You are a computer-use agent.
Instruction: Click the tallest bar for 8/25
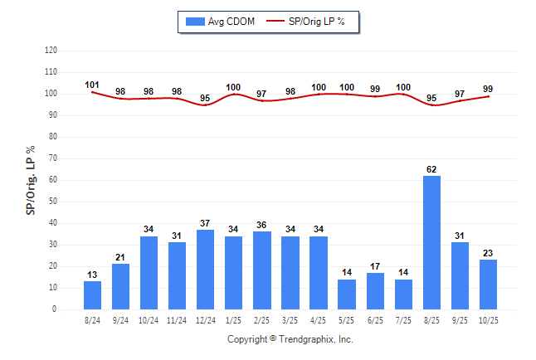[431, 242]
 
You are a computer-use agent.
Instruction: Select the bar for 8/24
[92, 295]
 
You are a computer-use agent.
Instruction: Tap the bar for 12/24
[205, 270]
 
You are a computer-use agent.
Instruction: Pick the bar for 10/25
[488, 285]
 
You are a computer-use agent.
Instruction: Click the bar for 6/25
[375, 291]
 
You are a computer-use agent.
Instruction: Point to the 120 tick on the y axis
[51, 51]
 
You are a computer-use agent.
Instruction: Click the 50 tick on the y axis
[53, 202]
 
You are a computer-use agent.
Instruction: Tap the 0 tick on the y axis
[55, 309]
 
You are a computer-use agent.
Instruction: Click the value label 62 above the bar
[431, 169]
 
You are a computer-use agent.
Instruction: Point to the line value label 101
[92, 85]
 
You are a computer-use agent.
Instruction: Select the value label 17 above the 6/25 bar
[375, 266]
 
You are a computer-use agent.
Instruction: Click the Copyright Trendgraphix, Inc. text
[290, 339]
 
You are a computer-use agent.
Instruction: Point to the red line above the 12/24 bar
[205, 105]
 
